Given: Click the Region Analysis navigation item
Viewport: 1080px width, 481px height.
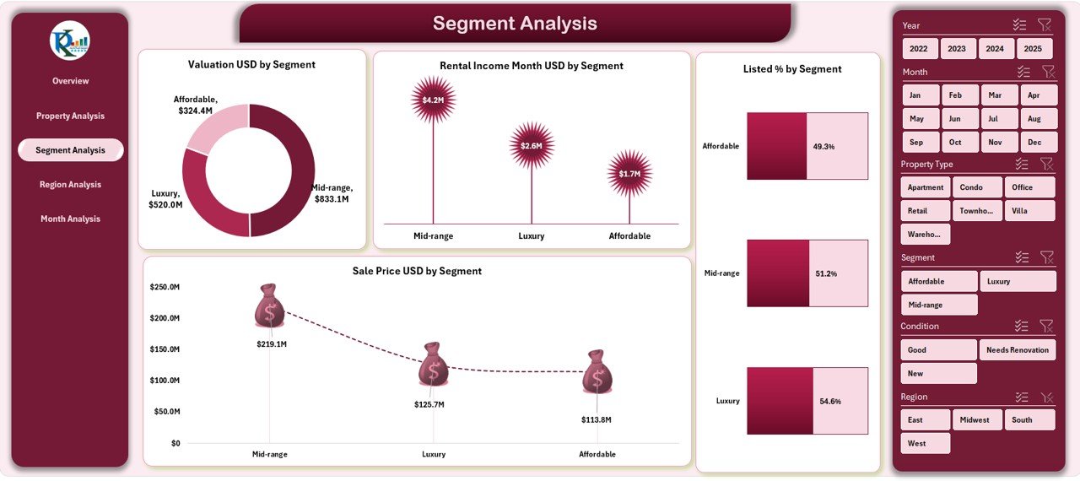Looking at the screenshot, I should (70, 185).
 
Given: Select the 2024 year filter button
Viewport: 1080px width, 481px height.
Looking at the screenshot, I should (995, 49).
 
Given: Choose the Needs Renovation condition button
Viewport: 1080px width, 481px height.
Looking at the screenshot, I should (1018, 350).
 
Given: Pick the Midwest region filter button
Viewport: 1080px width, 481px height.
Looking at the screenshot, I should (977, 420).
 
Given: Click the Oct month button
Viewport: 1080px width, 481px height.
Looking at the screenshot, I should (954, 143).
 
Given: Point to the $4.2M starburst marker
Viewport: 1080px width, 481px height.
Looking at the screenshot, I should (433, 100).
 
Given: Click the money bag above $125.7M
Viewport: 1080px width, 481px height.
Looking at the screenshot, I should (433, 364).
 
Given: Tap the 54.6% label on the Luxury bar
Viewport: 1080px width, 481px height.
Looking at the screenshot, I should (830, 402).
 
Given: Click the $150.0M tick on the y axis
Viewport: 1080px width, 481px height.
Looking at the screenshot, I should (165, 349).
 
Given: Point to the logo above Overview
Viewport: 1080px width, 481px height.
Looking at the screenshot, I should (70, 41).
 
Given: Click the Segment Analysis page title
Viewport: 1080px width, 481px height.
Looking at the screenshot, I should (515, 24).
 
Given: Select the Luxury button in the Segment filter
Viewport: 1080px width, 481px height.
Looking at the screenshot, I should (1018, 282).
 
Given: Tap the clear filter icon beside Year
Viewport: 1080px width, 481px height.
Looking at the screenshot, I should (1045, 25).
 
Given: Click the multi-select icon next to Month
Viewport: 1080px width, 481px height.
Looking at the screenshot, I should (1023, 73).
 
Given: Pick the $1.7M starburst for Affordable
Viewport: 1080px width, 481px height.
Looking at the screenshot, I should (629, 174).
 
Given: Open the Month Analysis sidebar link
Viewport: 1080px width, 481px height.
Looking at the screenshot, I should (70, 219).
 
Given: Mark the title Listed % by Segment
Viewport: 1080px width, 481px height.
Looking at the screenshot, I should (791, 69).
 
